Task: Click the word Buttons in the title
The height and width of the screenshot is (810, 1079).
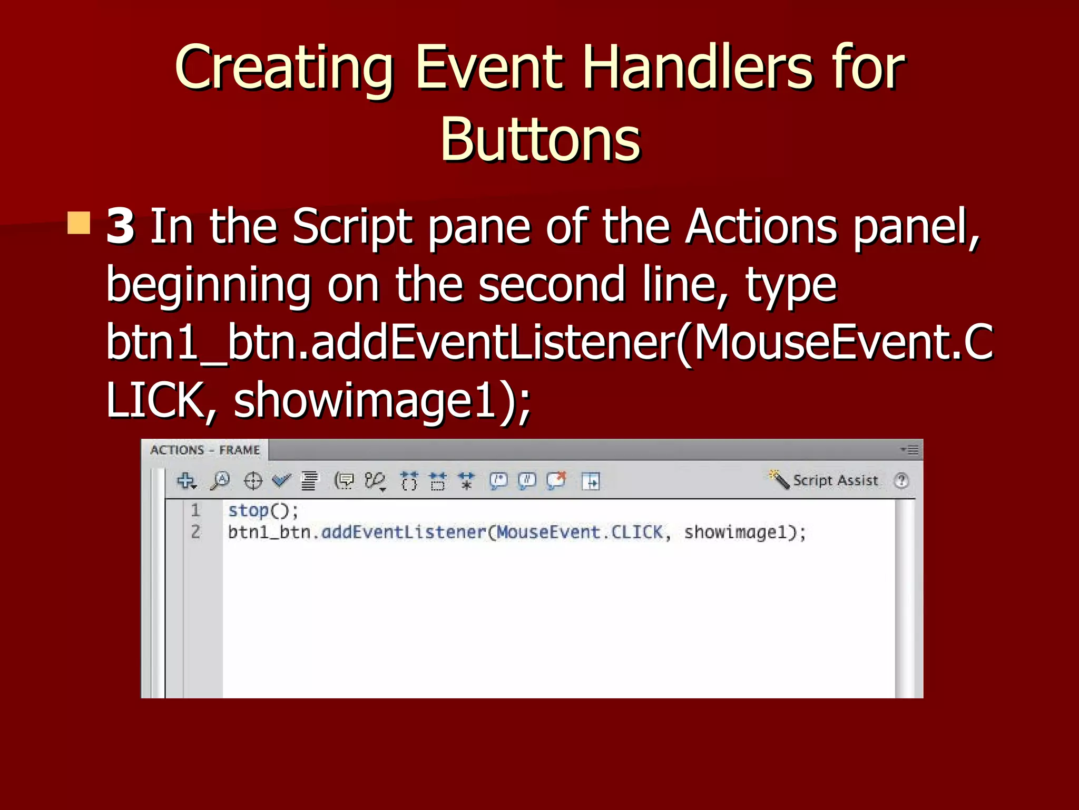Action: coord(540,140)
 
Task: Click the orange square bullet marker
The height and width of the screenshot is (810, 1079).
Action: coord(79,223)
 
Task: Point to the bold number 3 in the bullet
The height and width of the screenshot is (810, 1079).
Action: coord(121,227)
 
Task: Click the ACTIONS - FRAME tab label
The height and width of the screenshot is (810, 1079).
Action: coord(205,450)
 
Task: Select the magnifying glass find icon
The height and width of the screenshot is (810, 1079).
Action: coord(220,481)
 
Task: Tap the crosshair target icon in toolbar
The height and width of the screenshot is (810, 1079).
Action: coord(253,481)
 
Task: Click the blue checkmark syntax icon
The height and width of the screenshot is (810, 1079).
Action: coord(281,480)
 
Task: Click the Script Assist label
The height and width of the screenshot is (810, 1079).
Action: coord(835,480)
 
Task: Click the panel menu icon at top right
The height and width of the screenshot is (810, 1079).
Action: coord(910,450)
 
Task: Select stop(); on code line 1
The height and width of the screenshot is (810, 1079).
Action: coord(263,510)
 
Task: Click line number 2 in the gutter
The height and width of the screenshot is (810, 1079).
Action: coord(195,532)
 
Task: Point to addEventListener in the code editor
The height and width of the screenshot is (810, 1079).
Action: coord(404,532)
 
